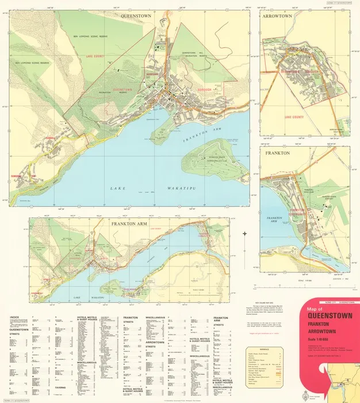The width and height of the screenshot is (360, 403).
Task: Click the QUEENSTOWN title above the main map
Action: coord(135,17)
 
